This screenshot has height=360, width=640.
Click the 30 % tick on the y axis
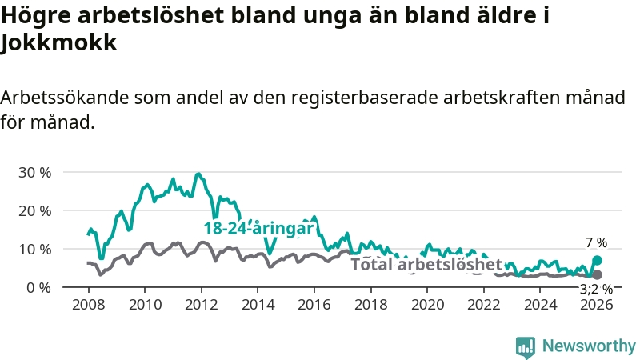(34, 172)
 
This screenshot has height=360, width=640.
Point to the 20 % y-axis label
(34, 210)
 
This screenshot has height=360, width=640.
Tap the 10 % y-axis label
(34, 249)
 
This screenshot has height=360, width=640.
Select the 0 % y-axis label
(38, 287)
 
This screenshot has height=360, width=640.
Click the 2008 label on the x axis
(88, 304)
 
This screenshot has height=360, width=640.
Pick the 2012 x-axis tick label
(201, 304)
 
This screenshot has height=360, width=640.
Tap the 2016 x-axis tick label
(314, 304)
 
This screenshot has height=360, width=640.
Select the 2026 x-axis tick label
(597, 304)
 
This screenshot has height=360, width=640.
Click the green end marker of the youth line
(597, 260)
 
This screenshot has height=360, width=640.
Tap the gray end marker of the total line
(597, 274)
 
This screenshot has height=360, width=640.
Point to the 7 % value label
(596, 242)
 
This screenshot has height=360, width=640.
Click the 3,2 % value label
(596, 289)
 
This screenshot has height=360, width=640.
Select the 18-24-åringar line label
(258, 229)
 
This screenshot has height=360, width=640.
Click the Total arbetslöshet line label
(426, 265)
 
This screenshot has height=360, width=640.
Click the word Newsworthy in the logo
(589, 346)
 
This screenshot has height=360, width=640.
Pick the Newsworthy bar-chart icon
(526, 346)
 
